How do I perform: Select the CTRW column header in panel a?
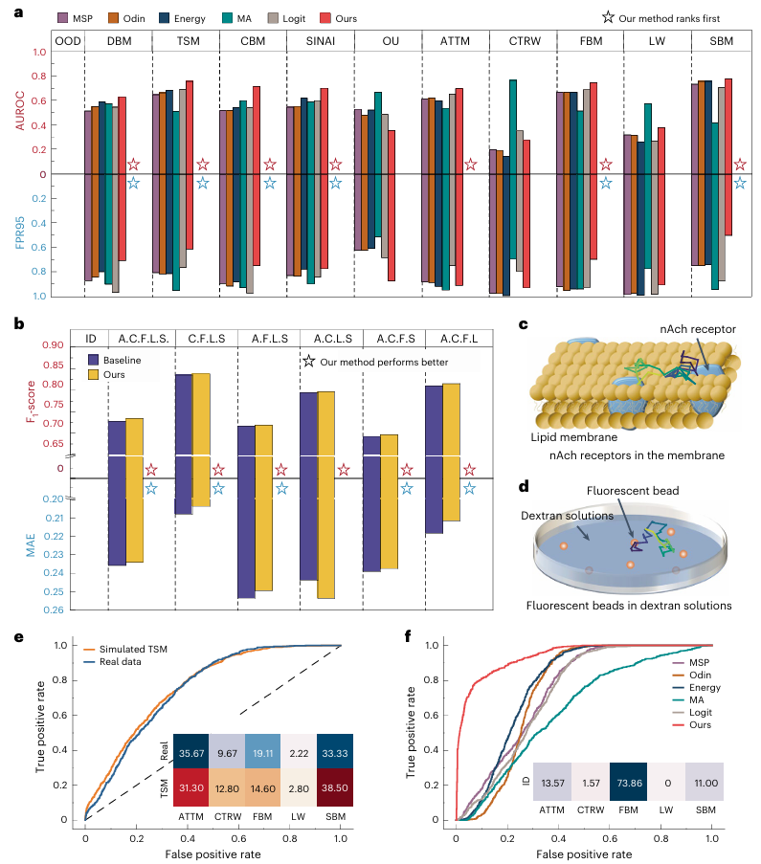pos(522,42)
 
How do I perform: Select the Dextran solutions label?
pos(565,515)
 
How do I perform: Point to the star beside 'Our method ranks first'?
pos(605,18)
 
